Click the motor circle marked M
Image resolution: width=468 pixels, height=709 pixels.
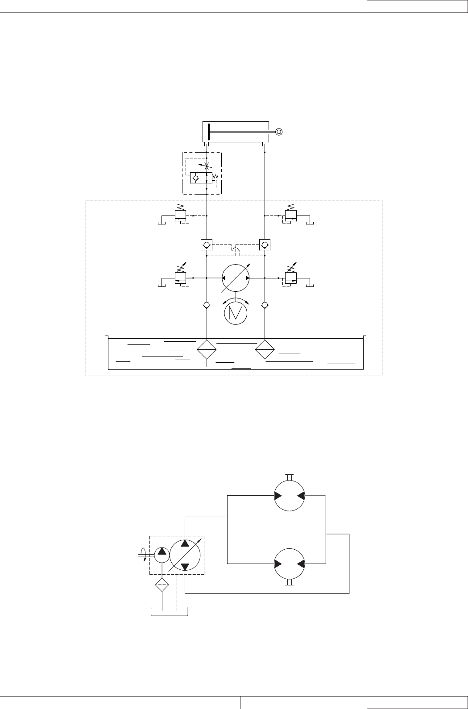tap(236, 313)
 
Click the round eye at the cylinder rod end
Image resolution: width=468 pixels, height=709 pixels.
tap(279, 132)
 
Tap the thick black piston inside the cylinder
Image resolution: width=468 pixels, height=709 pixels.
tap(208, 132)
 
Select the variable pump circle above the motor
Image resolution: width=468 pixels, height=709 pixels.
tap(236, 278)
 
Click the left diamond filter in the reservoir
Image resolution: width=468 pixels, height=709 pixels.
tap(207, 349)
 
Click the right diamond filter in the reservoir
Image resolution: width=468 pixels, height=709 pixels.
tap(265, 349)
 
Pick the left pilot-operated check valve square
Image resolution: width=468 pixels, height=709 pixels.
tap(207, 245)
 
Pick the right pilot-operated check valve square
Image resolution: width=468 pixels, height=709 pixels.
tap(265, 245)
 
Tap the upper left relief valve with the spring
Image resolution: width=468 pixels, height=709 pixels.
tap(181, 216)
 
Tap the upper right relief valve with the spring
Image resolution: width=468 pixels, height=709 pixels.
tap(290, 216)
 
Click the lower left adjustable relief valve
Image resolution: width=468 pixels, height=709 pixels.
tap(181, 278)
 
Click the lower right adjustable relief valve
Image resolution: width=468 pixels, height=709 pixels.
tap(290, 278)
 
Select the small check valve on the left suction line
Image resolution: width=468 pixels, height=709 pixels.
tap(207, 306)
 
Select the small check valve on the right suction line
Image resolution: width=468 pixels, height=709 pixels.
tap(265, 306)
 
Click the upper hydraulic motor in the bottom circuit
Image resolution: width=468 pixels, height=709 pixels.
tap(290, 496)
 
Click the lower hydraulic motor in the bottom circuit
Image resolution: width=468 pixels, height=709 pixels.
tap(290, 564)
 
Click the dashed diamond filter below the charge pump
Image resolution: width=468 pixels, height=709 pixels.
tap(162, 585)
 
